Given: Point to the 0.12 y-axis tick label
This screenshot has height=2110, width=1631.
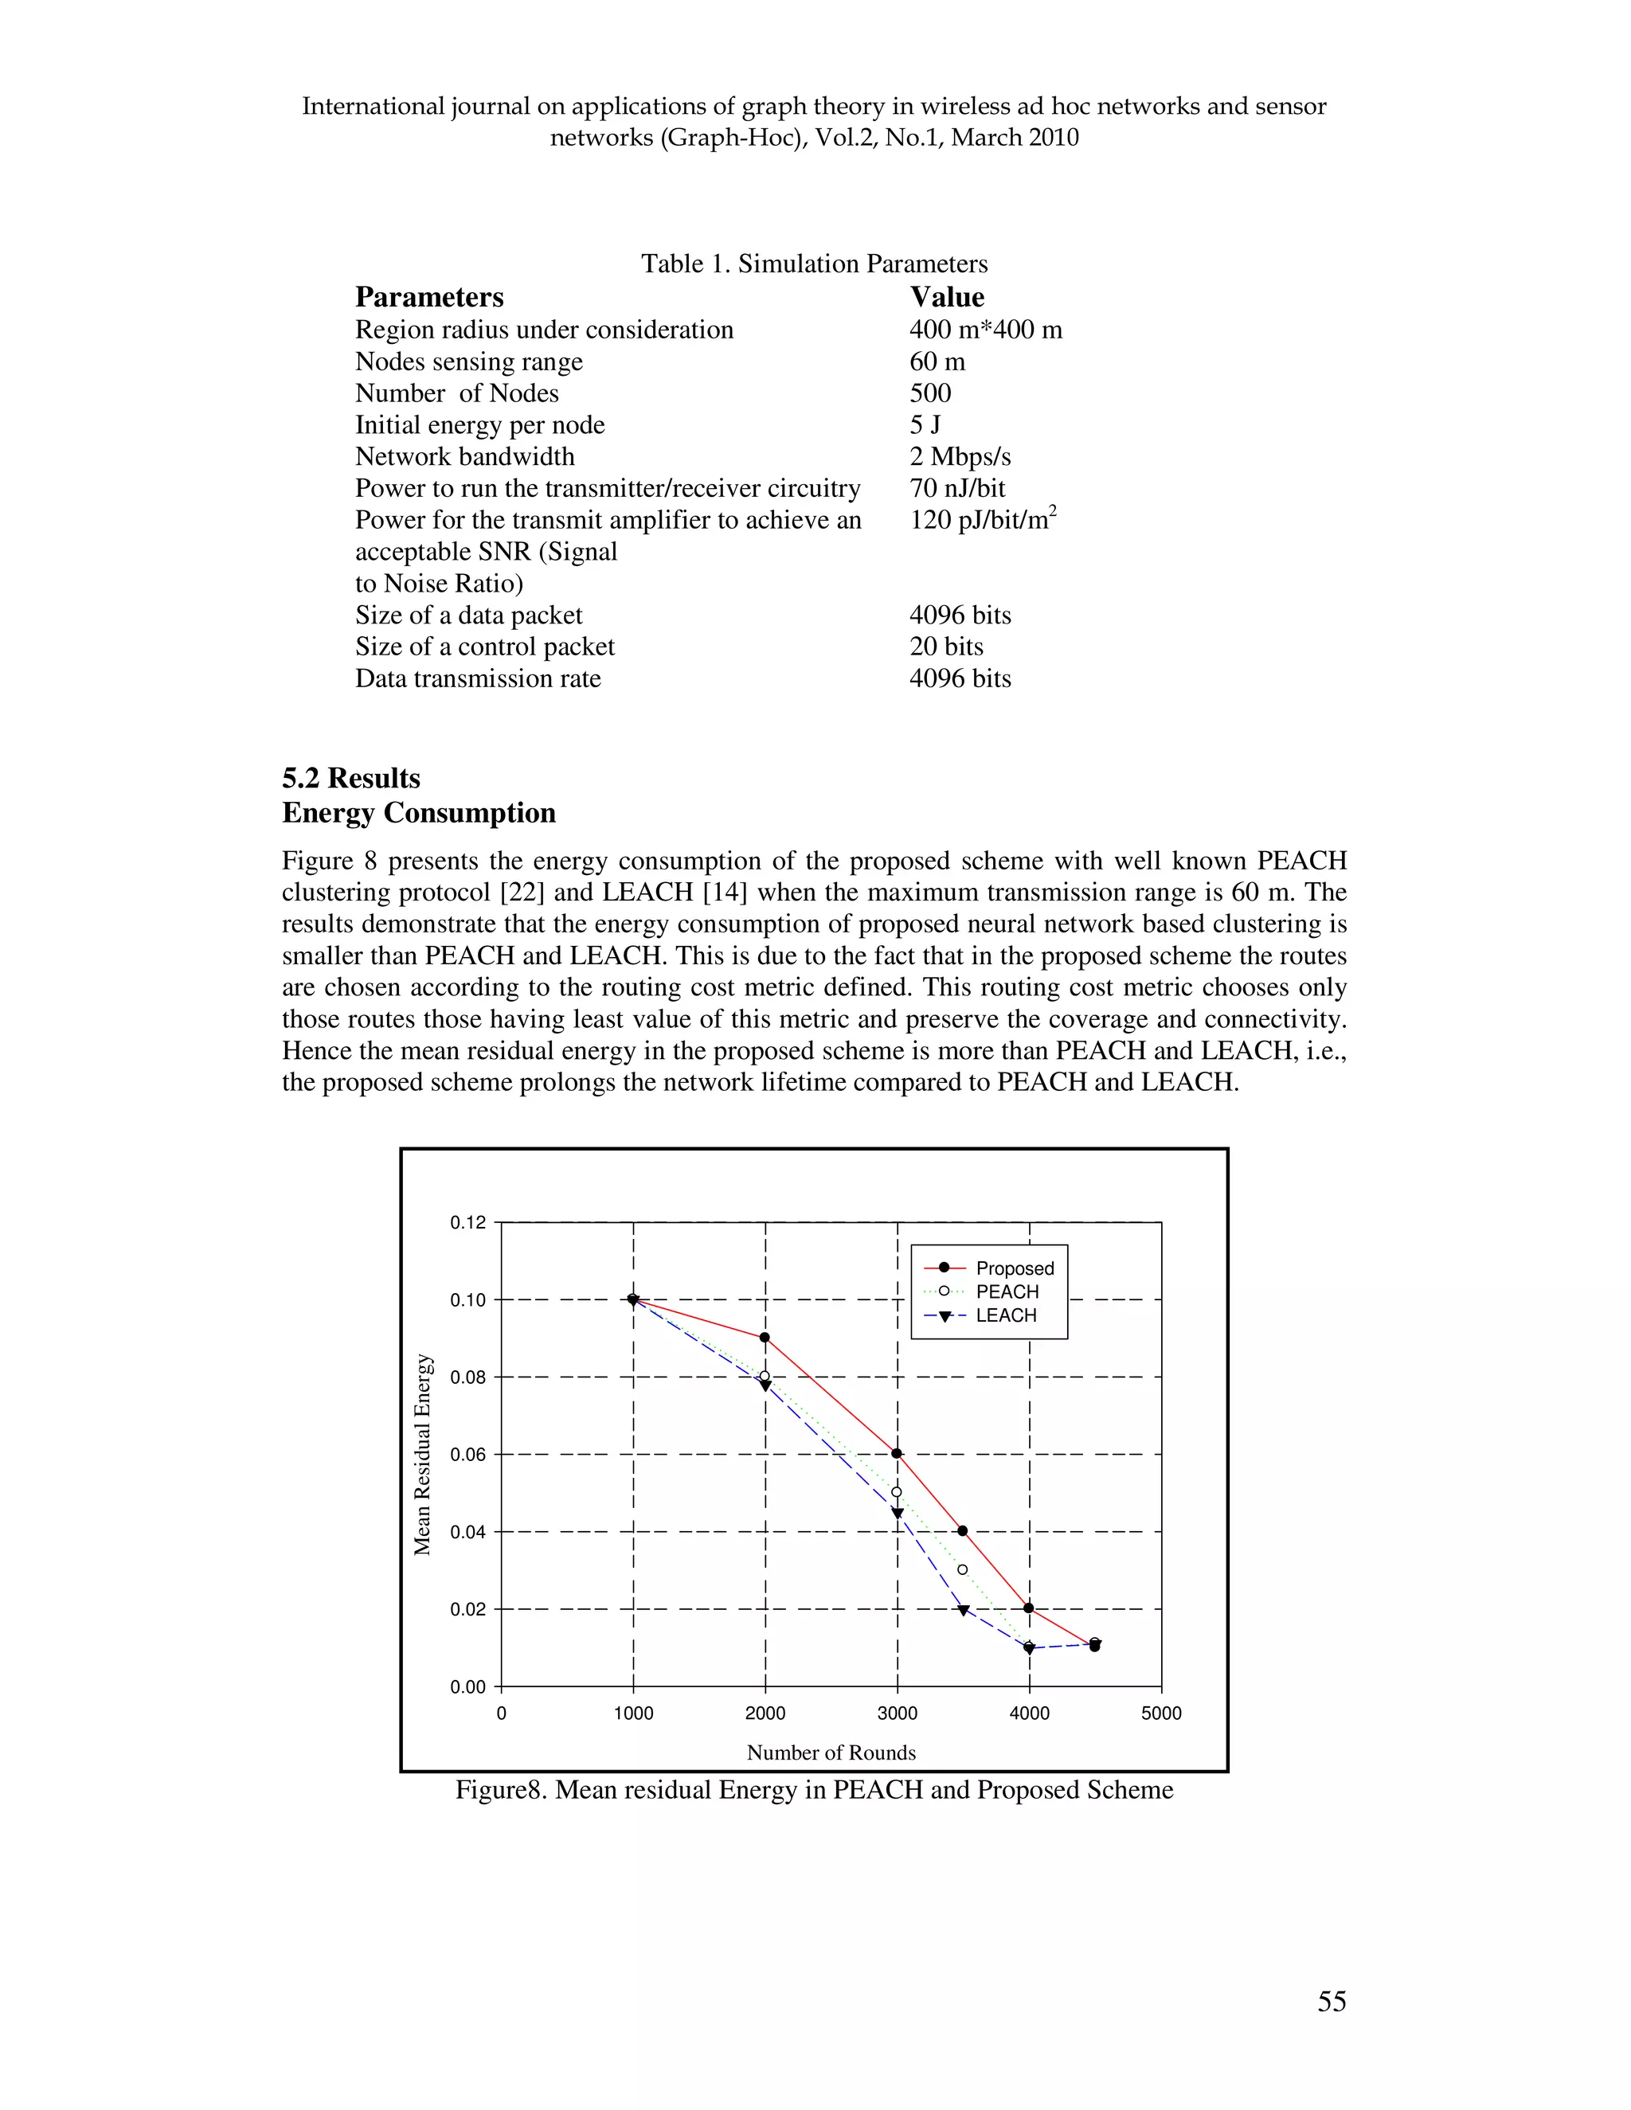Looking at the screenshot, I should tap(467, 1223).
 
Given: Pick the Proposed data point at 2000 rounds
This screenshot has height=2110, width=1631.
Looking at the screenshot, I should tap(765, 1338).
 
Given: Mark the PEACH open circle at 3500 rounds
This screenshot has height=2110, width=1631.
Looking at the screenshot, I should tap(962, 1570).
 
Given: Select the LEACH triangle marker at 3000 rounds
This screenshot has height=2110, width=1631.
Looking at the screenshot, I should tap(897, 1514).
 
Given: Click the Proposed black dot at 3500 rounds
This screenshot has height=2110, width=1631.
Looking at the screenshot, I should tap(962, 1531).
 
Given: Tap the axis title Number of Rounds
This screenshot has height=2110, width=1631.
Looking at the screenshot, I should tap(831, 1752).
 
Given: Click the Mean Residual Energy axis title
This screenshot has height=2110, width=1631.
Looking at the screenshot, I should tap(422, 1454).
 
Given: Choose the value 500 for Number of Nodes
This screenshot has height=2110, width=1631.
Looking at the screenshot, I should tap(929, 393).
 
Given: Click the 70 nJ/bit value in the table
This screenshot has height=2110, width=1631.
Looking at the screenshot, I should tap(956, 489).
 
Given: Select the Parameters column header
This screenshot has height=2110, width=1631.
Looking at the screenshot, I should tap(429, 297).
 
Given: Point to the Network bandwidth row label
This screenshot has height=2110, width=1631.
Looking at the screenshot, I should tap(465, 457).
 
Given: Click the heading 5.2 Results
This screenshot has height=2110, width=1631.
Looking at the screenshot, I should tap(350, 778).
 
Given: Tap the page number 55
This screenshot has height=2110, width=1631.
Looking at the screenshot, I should tap(1332, 2001).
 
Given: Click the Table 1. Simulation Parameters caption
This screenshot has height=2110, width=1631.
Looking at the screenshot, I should tap(815, 264).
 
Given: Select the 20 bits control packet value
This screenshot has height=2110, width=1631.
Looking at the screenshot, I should tap(946, 647).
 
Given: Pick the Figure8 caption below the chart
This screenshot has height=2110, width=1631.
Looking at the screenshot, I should tap(815, 1790).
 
